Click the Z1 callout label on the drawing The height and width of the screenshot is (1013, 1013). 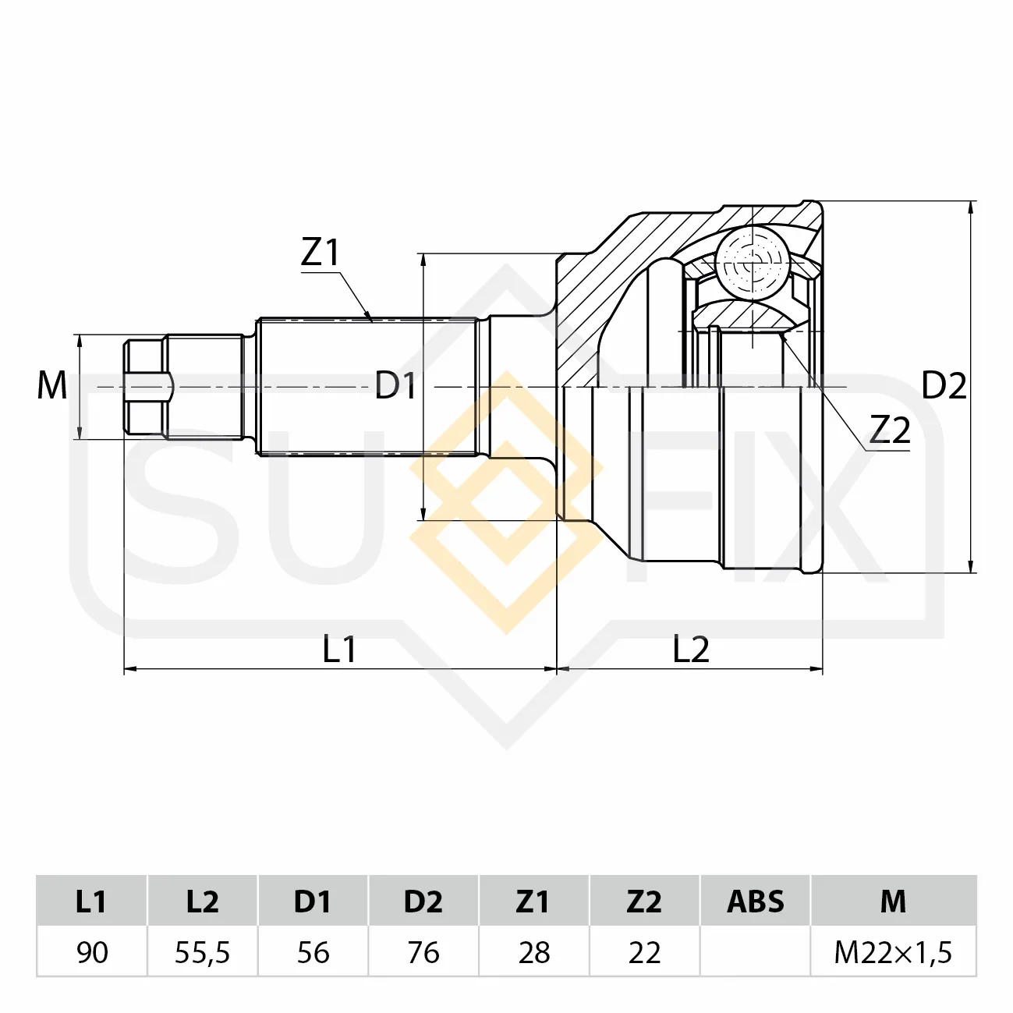coord(321,253)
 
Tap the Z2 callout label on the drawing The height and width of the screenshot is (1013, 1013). coord(890,430)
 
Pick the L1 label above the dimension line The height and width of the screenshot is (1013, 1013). coord(339,649)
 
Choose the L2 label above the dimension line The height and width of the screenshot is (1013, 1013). coord(691,649)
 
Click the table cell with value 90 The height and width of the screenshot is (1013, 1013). coord(92,952)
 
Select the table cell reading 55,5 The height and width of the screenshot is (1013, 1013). coord(203,952)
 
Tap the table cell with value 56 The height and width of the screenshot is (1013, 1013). coord(313,952)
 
